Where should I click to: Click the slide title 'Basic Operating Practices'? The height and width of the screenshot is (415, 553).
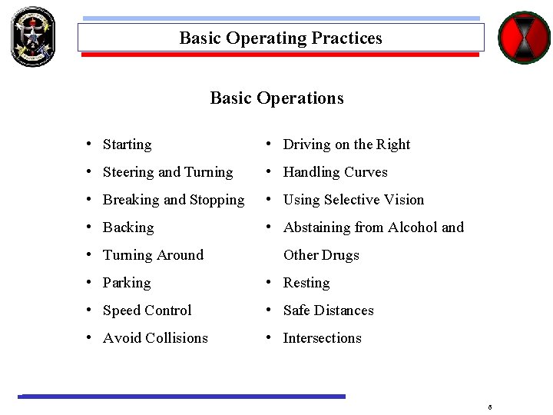280,38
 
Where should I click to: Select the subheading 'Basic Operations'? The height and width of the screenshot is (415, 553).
276,98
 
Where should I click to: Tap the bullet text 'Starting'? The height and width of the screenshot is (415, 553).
127,144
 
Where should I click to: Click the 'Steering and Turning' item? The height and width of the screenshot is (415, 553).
167,172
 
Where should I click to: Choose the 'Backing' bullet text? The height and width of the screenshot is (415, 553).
128,227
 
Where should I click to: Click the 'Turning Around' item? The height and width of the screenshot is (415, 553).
153,255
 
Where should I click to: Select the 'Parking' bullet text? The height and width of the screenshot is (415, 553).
127,283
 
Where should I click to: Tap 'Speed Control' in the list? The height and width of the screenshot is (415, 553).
147,310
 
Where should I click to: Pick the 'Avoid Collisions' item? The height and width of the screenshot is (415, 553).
155,338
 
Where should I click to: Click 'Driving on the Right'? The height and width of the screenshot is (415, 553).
346,144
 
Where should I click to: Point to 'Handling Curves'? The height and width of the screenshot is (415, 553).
335,172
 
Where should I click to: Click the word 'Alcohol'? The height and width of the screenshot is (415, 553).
415,227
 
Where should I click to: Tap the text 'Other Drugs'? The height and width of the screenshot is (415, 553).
321,255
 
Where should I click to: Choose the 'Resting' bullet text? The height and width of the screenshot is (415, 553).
306,283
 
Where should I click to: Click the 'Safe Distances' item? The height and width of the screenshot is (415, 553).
328,310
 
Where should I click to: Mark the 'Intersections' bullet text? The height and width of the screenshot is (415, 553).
322,338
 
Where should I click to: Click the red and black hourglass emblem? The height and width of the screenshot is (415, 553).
525,37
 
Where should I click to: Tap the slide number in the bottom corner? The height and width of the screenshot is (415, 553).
489,406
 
